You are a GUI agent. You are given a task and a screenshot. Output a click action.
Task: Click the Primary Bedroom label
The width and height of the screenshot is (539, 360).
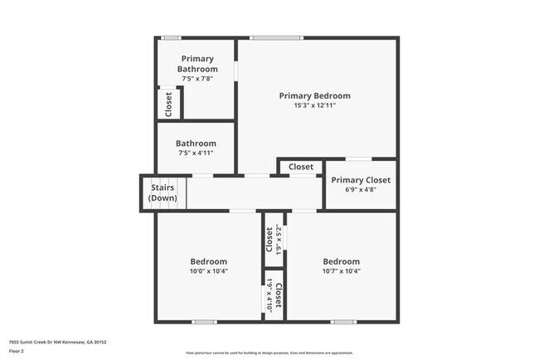[x=314, y=95]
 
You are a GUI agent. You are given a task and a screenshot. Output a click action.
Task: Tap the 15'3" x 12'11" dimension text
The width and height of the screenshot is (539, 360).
[x=314, y=106]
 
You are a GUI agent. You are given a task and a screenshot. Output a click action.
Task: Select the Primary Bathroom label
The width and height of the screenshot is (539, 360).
[x=197, y=63]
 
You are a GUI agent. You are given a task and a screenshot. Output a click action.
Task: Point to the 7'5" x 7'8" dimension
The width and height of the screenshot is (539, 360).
[x=197, y=79]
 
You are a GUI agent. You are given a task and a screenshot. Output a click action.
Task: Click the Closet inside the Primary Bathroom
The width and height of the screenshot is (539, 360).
[x=168, y=103]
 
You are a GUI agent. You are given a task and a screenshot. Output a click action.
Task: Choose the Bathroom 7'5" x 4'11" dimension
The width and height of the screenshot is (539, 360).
[x=197, y=153]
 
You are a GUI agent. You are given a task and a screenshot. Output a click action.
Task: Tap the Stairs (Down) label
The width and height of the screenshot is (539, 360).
[x=163, y=193]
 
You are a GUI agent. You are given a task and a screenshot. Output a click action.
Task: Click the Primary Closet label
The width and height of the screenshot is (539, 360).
[x=361, y=180]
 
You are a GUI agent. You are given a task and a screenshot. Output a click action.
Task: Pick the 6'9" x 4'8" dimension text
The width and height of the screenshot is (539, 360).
[x=361, y=191]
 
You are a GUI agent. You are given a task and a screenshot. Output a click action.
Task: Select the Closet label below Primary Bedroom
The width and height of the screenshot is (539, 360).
[x=301, y=167]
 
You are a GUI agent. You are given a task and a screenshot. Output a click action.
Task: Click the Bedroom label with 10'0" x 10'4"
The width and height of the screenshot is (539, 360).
[x=208, y=261]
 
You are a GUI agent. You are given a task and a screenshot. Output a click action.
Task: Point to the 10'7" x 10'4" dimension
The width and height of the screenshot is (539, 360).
[x=341, y=271]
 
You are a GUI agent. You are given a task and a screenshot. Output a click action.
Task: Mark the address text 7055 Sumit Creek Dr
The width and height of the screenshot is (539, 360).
[x=57, y=342]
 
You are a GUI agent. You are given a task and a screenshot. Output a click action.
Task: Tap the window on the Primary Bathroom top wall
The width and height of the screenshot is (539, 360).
[x=172, y=37]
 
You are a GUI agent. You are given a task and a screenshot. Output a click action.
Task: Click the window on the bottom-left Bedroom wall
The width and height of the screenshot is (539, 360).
[x=204, y=322]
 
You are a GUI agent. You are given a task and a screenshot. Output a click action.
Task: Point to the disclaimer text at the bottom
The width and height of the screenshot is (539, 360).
[x=269, y=352]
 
